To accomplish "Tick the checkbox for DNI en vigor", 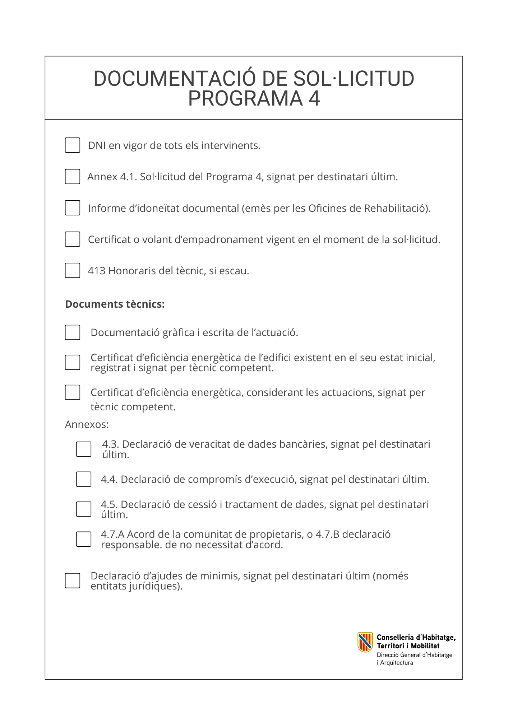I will point(73,145).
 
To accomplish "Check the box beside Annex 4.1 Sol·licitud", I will point(73,177).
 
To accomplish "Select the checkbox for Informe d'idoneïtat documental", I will point(73,208).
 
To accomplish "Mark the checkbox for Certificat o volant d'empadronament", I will point(73,239).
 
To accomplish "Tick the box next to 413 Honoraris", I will point(73,270).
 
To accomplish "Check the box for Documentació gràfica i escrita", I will point(73,332).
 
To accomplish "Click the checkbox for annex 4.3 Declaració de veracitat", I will point(84,449).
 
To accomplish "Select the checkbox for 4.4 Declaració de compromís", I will point(84,479).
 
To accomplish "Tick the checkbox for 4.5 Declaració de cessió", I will point(84,509).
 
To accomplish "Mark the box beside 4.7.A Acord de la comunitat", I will point(84,539).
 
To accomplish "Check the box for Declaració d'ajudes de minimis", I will point(73,581).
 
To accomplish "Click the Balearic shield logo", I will point(365,642).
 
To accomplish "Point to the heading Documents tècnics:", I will point(115,304).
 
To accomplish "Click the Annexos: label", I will point(87,425).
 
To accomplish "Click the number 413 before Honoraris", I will point(97,271).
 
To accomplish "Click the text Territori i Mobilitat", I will point(408,646).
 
